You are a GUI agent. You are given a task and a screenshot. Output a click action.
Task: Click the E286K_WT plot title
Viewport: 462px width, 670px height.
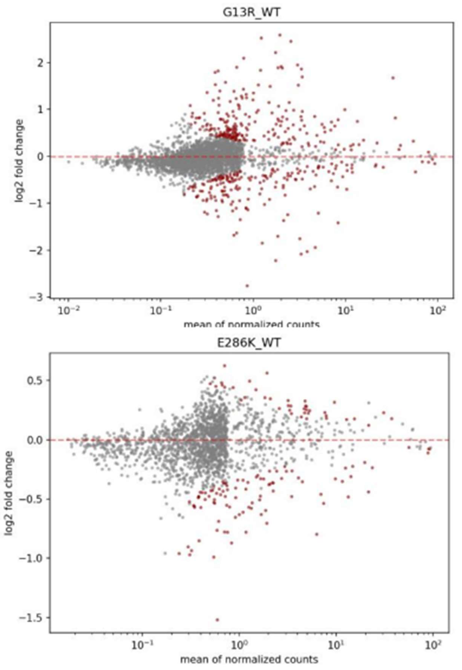(x=249, y=343)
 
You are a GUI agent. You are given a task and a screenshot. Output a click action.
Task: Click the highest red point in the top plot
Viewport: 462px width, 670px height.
(x=280, y=35)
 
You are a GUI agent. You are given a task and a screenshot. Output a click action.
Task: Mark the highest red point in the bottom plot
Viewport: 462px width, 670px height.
(x=224, y=366)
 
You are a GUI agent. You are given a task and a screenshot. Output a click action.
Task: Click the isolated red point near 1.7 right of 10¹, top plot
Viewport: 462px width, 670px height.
(x=393, y=78)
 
